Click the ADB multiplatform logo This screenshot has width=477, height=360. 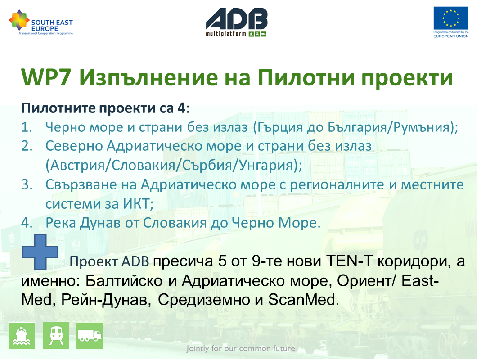(x=237, y=22)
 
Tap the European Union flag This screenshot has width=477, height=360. (x=451, y=18)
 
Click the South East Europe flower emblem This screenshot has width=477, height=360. (x=19, y=20)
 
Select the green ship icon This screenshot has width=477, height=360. (x=22, y=336)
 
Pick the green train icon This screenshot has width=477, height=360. (x=56, y=336)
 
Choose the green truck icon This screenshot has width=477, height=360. (x=90, y=336)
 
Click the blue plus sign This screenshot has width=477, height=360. (x=40, y=252)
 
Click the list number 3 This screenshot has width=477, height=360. (x=27, y=184)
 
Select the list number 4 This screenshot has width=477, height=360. (x=27, y=223)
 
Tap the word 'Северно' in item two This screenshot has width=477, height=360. (x=73, y=146)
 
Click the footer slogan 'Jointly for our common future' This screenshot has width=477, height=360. (x=241, y=348)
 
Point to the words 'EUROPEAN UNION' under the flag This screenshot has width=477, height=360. (x=451, y=36)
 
